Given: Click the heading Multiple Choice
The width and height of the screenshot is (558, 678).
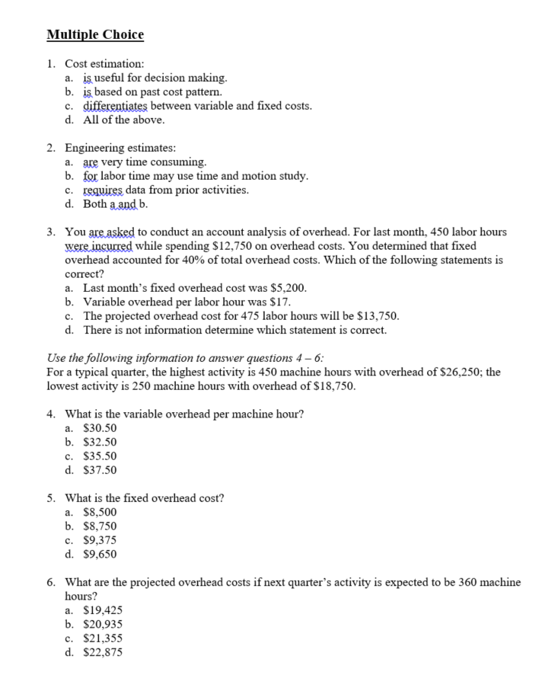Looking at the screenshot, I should click(94, 35).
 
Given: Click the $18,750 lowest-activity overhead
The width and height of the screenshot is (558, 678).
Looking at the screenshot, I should click(330, 385).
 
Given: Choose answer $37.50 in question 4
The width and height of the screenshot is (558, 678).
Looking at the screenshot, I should click(100, 470).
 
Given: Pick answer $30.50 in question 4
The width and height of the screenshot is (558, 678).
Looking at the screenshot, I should click(100, 428).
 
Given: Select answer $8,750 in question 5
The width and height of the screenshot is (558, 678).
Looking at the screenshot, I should click(100, 526).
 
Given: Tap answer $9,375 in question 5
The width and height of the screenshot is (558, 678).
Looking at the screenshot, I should click(100, 540).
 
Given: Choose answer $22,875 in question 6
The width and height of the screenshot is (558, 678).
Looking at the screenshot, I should click(103, 652).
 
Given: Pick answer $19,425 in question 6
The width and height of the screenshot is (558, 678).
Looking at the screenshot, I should click(103, 610).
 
